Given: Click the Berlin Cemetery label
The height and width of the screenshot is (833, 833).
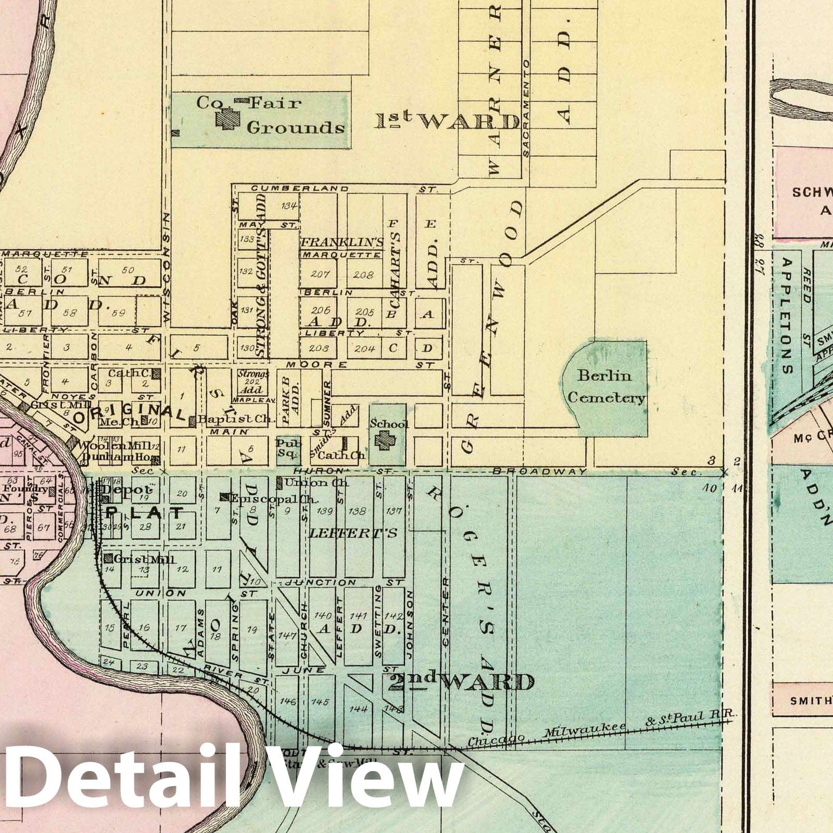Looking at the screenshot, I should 606,387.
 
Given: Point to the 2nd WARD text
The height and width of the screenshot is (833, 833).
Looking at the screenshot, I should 461,681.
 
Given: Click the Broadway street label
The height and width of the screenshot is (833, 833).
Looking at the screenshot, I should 539,472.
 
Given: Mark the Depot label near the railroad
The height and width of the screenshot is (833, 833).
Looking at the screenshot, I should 127,490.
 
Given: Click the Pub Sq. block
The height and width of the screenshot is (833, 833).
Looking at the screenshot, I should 288,448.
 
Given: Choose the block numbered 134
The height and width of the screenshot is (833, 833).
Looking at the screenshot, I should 289,206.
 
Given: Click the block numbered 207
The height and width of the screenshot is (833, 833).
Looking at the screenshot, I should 320,274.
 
